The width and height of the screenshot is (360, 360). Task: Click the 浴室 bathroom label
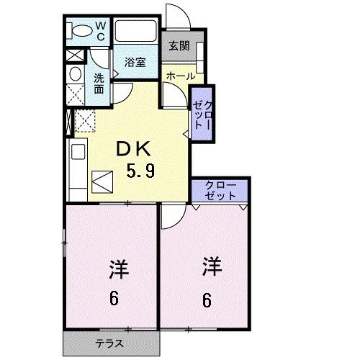(x=135, y=62)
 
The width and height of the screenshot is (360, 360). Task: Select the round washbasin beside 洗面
(x=75, y=75)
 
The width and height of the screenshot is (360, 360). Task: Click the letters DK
(x=134, y=149)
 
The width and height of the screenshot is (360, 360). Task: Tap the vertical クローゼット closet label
(x=202, y=110)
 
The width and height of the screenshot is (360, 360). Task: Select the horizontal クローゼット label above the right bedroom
(x=220, y=190)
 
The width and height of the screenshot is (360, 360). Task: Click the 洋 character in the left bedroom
(x=117, y=271)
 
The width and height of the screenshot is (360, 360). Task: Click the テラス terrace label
(x=110, y=343)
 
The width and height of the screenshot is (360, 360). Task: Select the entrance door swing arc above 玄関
(x=176, y=16)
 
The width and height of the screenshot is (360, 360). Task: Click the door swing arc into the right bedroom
(x=171, y=214)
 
